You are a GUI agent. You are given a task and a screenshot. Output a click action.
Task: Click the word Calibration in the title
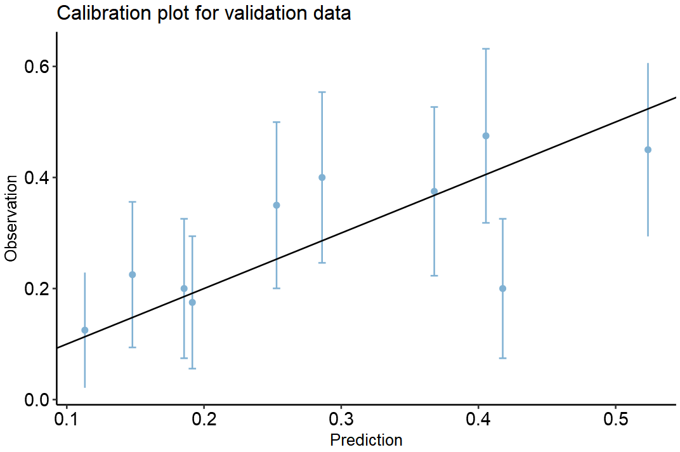(x=98, y=13)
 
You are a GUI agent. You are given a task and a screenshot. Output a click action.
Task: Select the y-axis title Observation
(x=11, y=219)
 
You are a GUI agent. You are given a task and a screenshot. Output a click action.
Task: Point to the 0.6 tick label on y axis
(x=37, y=67)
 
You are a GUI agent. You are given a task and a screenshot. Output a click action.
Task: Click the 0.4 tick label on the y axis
(x=37, y=178)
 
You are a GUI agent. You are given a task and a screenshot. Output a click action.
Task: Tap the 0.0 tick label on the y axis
(x=37, y=400)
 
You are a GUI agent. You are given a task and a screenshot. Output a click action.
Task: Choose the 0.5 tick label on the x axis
(x=615, y=420)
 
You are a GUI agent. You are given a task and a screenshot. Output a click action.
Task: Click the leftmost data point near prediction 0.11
(x=85, y=330)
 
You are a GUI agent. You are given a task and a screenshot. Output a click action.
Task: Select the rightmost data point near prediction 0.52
(x=648, y=150)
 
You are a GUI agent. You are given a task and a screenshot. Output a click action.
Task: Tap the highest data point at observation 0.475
(x=486, y=136)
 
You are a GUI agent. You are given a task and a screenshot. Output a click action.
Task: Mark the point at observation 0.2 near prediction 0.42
(x=502, y=288)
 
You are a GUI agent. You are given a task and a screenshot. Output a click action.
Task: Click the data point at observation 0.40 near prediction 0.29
(x=322, y=177)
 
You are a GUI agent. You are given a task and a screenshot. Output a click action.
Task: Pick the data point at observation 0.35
(x=277, y=205)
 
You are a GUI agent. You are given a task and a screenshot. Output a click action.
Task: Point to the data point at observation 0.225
(x=133, y=274)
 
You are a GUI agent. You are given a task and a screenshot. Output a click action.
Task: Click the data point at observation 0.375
(x=435, y=191)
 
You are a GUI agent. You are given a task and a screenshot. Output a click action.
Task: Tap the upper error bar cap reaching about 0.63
(x=486, y=49)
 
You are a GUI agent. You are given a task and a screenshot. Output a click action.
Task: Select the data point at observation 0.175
(x=192, y=302)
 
